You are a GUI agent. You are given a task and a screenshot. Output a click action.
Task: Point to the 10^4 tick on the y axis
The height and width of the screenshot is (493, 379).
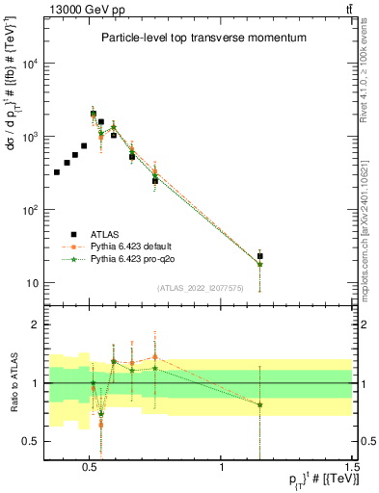click(x=30, y=64)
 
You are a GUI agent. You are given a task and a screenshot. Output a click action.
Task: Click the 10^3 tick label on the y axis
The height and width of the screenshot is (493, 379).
click(x=30, y=137)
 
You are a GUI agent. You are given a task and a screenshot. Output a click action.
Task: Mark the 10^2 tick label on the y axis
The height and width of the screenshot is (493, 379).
click(x=30, y=210)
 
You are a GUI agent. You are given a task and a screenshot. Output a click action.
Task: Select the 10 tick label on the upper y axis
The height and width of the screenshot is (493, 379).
click(x=33, y=283)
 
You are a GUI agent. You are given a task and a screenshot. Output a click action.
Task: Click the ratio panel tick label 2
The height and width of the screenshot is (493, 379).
click(x=35, y=325)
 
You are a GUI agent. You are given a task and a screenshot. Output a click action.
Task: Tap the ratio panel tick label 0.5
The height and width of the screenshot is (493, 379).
click(x=31, y=441)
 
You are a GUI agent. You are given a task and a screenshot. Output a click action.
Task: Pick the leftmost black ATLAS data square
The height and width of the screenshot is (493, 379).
click(x=57, y=172)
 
